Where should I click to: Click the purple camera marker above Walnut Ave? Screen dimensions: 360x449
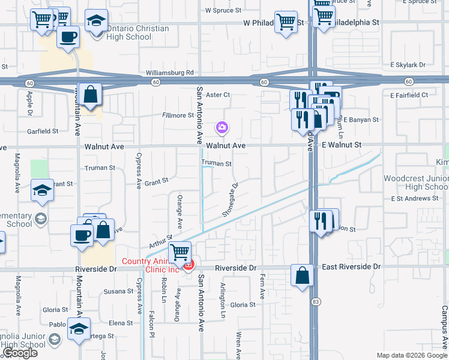[x=222, y=127]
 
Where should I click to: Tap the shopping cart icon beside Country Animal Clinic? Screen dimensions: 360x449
[x=180, y=253]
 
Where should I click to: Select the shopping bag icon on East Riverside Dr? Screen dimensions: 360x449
[x=302, y=275]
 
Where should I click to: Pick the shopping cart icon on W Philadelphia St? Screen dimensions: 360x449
[x=286, y=22]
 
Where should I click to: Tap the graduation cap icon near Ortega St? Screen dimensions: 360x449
[x=78, y=329]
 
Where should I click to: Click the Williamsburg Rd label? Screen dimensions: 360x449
[x=170, y=73]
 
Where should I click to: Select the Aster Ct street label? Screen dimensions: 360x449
[x=218, y=95]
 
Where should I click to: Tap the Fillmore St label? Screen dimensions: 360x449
[x=178, y=115]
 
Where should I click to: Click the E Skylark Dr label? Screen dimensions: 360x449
[x=408, y=65]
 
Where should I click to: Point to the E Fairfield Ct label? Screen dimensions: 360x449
[x=409, y=95]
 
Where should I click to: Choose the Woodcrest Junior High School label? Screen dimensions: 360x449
[x=416, y=182]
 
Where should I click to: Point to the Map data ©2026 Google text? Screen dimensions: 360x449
[x=411, y=355]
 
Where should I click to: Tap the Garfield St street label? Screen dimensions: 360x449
[x=43, y=131]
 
